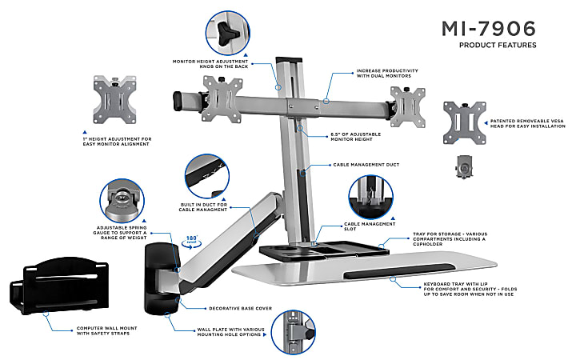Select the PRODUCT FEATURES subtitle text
tap(497, 45)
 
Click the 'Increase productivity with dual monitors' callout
tap(387, 74)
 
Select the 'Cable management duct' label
tap(367, 164)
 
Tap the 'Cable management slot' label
tap(370, 226)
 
